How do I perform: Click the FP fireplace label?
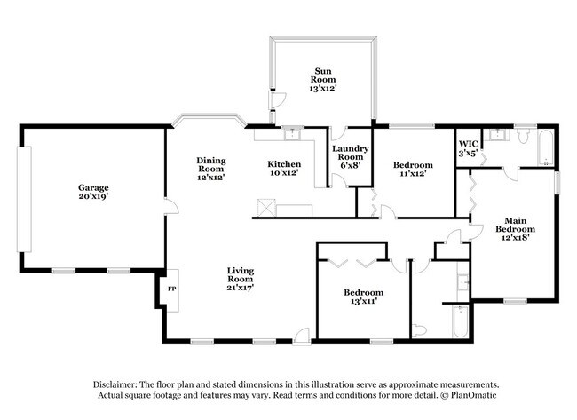point(172,289)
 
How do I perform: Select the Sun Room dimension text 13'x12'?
point(323,88)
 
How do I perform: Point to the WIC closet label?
point(468,147)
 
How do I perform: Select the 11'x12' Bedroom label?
point(413,170)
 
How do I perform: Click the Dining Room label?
point(210,166)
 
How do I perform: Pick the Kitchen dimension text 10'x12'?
point(284,173)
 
